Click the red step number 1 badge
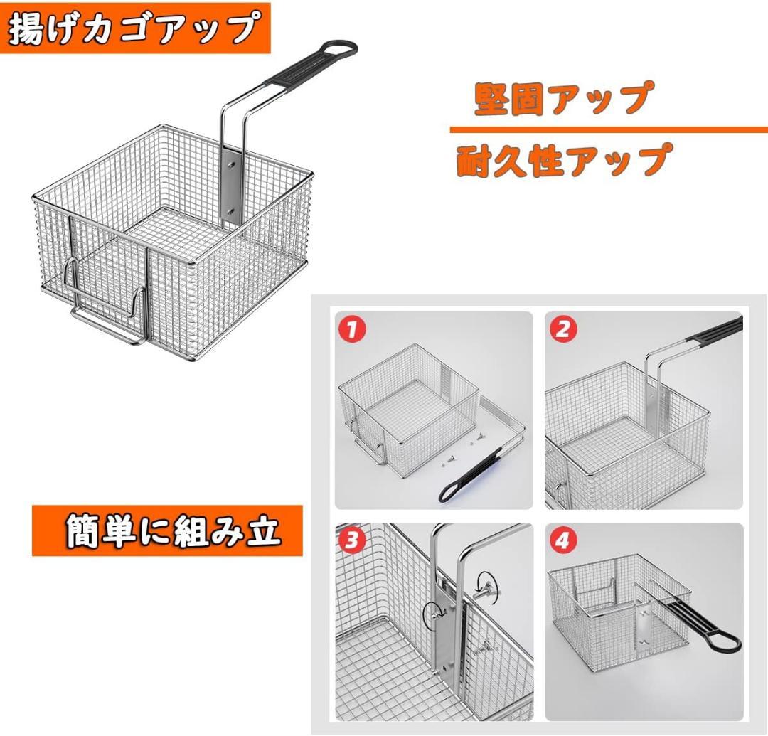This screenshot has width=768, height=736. click(x=351, y=329)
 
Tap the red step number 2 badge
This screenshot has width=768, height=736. click(x=562, y=329)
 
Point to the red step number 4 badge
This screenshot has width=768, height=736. click(x=562, y=543)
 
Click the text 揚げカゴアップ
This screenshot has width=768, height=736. click(x=134, y=28)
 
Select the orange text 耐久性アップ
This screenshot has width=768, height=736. click(x=562, y=160)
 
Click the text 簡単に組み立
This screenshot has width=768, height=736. click(x=172, y=531)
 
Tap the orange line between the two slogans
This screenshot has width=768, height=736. click(x=608, y=130)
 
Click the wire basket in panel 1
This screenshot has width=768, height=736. click(x=405, y=405)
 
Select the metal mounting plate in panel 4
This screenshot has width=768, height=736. click(x=644, y=622)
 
